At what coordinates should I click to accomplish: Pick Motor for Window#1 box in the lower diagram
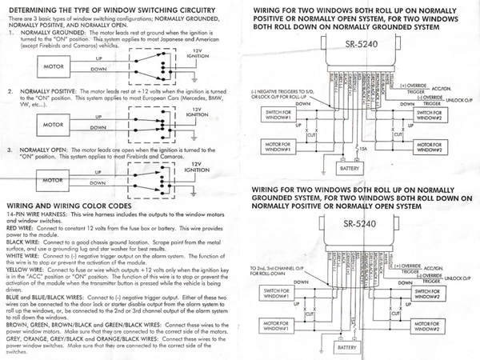[x=274, y=325]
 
